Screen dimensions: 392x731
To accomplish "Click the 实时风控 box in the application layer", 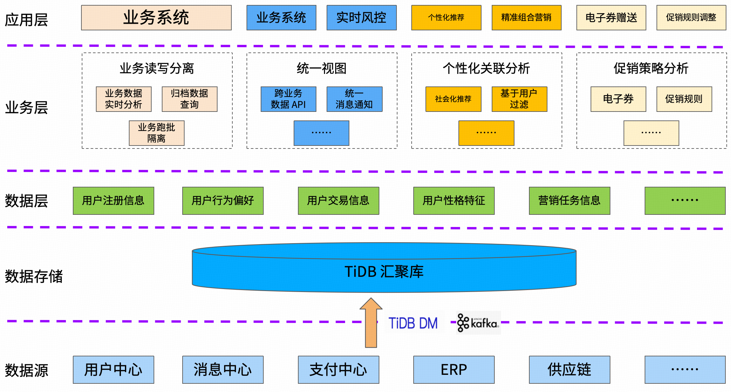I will (x=362, y=17).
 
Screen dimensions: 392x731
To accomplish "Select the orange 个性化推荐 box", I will (x=446, y=17).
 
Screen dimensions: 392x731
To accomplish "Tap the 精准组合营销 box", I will (x=526, y=17).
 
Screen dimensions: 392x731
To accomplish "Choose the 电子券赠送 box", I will (x=611, y=17).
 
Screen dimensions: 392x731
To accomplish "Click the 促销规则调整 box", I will (x=691, y=17).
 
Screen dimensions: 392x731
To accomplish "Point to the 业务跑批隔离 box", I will (x=157, y=133).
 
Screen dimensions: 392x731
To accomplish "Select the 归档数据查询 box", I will (x=190, y=99).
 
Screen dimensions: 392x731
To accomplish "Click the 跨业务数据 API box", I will (x=288, y=99).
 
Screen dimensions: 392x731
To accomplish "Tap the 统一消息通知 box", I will (x=354, y=99).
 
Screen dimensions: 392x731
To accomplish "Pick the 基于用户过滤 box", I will (x=519, y=99).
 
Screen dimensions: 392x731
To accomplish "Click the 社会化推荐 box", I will (x=453, y=99).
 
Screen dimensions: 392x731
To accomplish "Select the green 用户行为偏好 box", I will (x=223, y=201).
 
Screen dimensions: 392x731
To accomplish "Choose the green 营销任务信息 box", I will (x=570, y=201).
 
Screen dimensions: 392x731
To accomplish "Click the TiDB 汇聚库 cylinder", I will (x=384, y=271).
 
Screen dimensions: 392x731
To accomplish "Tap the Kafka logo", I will (x=478, y=323).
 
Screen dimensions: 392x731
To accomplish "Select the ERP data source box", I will (x=454, y=370).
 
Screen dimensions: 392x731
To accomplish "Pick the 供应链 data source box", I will (x=570, y=370).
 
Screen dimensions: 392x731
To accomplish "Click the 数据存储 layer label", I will (x=34, y=276).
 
